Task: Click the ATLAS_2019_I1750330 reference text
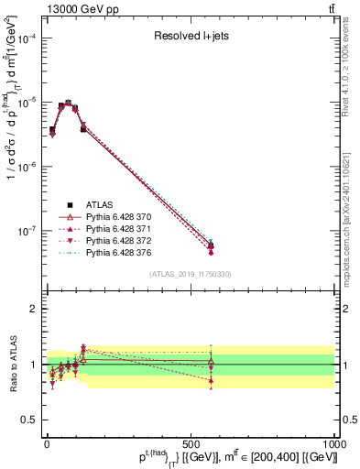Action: (x=190, y=274)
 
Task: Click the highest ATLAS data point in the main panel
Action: (x=68, y=104)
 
